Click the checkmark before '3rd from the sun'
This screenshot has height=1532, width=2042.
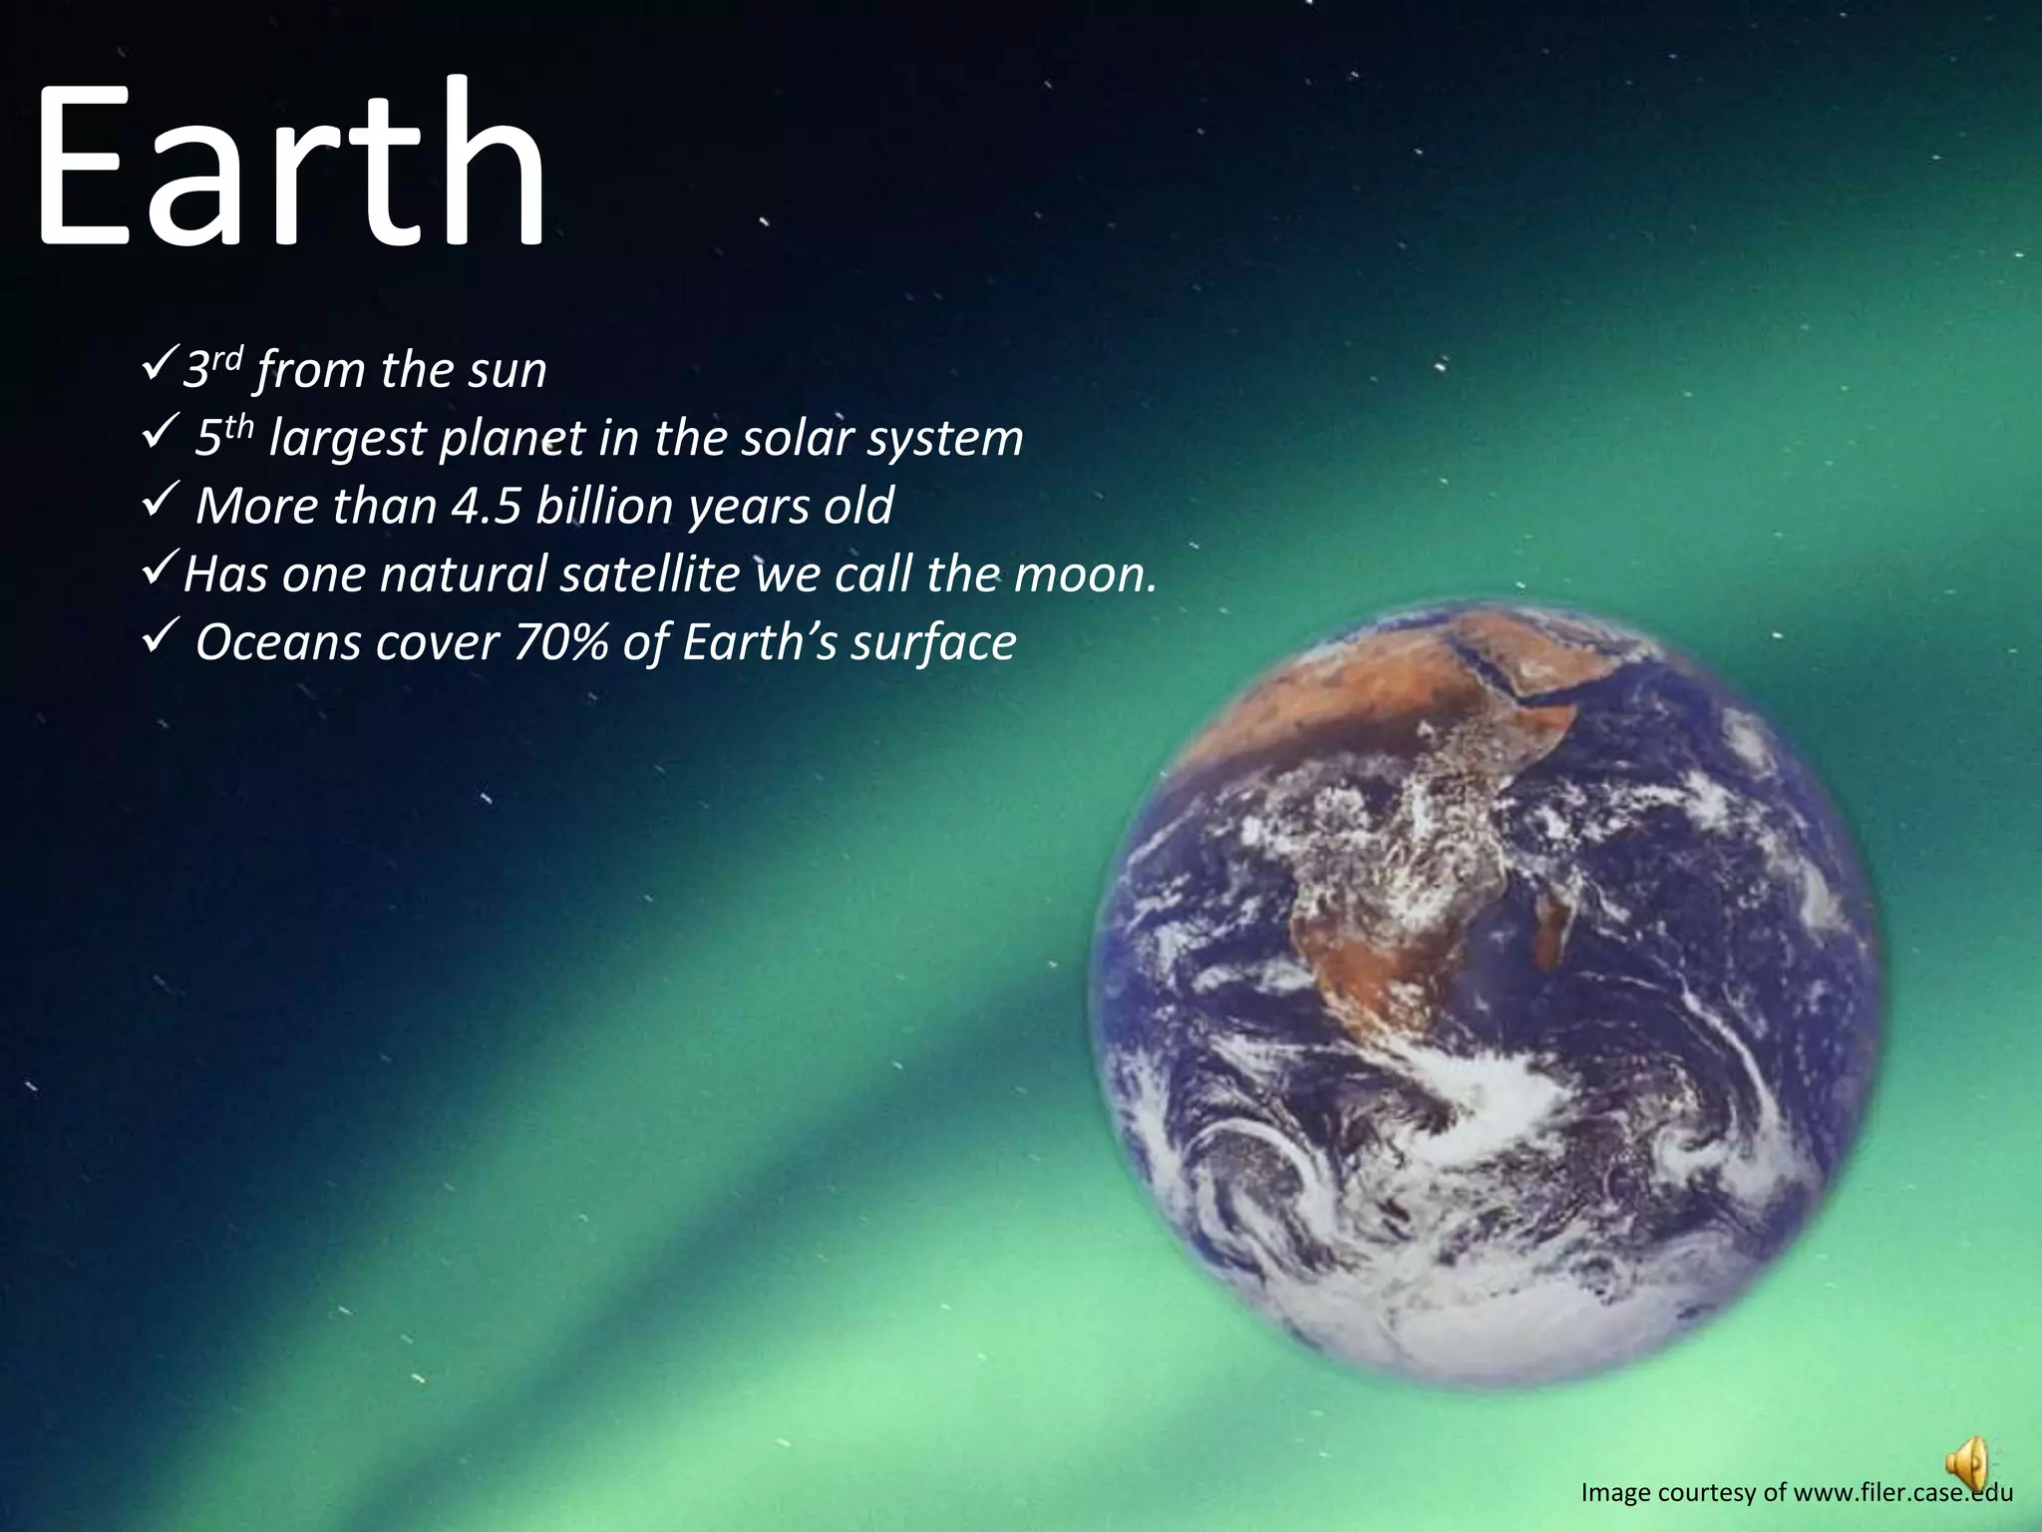160,369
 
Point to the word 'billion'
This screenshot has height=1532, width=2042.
604,506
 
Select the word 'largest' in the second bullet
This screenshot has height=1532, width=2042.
347,439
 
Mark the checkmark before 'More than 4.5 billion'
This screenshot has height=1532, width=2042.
160,506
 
